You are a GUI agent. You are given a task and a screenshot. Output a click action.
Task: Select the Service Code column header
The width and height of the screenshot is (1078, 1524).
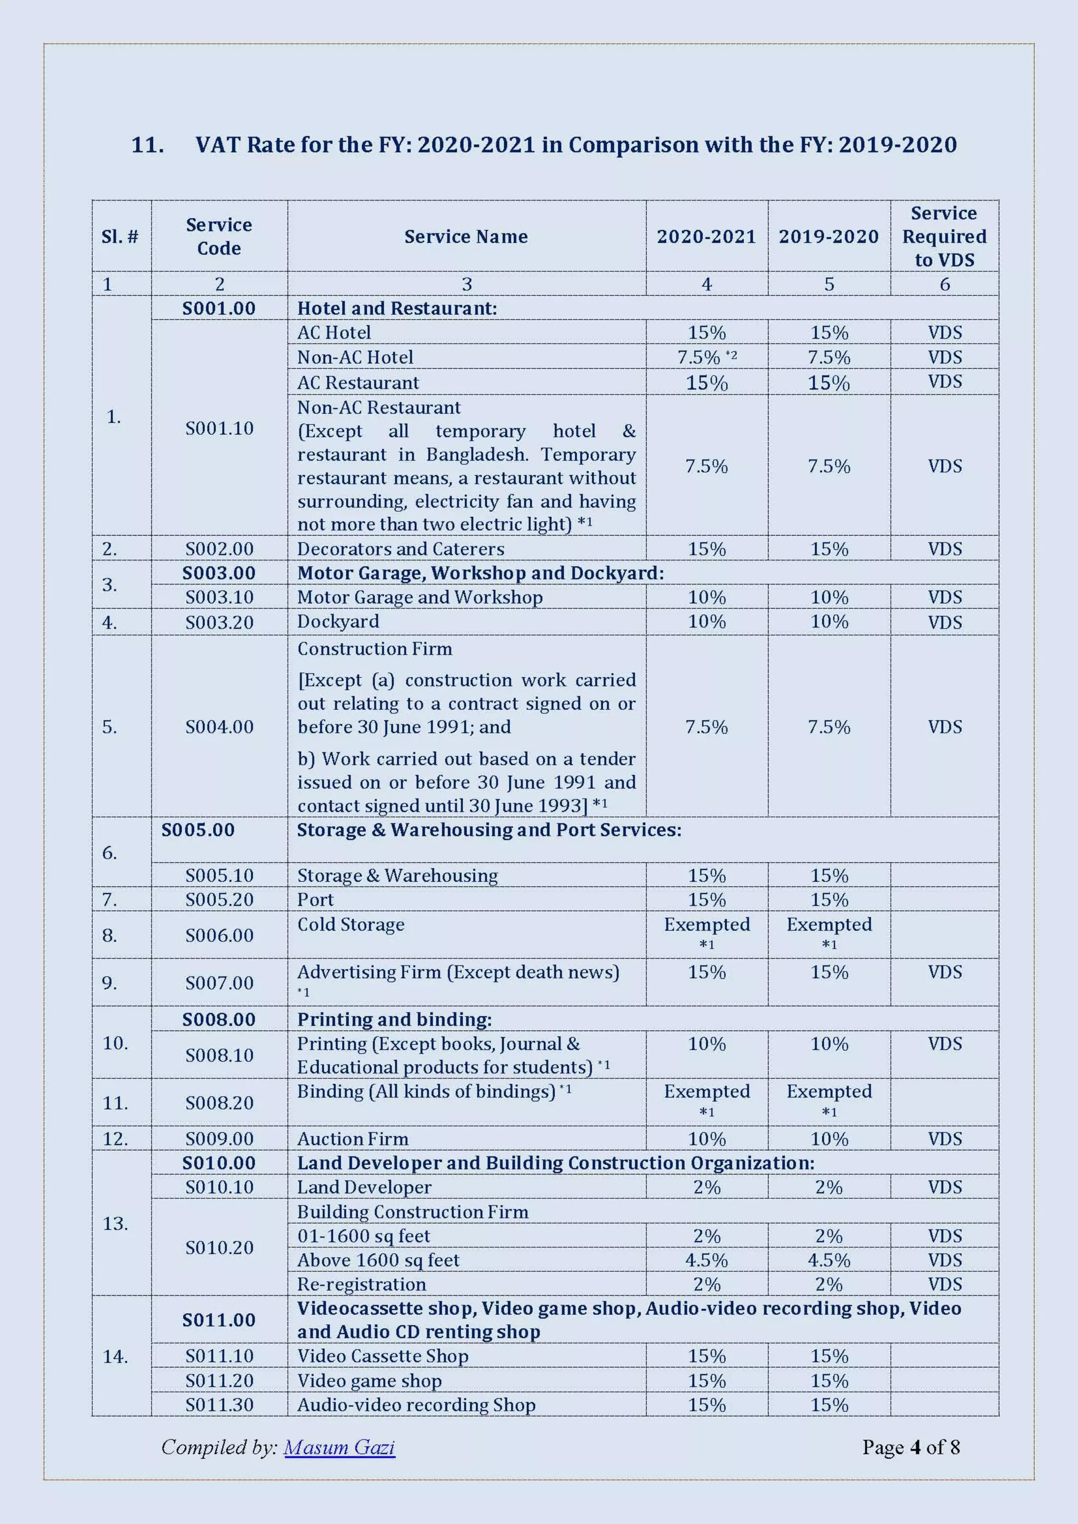click(x=218, y=236)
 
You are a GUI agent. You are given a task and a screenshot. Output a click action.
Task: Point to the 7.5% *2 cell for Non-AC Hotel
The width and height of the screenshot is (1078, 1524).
click(x=706, y=357)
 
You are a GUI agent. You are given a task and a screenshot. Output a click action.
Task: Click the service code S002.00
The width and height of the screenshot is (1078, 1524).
click(x=219, y=549)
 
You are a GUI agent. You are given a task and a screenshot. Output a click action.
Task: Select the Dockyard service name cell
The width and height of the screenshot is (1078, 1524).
click(x=338, y=621)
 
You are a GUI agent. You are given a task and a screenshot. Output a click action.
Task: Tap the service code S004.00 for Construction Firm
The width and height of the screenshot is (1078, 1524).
click(x=219, y=727)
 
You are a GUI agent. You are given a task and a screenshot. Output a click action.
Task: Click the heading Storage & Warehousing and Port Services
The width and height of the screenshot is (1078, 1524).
click(x=488, y=830)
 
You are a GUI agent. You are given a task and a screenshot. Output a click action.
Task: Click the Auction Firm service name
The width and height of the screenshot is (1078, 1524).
click(x=353, y=1139)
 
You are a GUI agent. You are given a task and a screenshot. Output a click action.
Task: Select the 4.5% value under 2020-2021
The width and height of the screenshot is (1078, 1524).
click(x=706, y=1260)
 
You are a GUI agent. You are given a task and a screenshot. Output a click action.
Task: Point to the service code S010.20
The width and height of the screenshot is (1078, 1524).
click(x=219, y=1248)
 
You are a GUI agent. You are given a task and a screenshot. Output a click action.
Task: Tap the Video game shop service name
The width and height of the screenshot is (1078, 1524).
click(x=369, y=1381)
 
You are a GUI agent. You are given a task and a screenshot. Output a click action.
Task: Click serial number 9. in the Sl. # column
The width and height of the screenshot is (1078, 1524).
click(x=110, y=982)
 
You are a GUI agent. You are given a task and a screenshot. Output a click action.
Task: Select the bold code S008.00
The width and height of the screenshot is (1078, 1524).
click(x=218, y=1020)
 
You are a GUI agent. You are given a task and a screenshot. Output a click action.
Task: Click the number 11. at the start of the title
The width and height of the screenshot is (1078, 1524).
click(x=147, y=145)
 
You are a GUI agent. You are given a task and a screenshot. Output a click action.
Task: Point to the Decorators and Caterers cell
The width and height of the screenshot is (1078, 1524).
click(x=400, y=549)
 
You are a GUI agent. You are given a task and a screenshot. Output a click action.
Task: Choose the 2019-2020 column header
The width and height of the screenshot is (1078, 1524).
click(x=828, y=236)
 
